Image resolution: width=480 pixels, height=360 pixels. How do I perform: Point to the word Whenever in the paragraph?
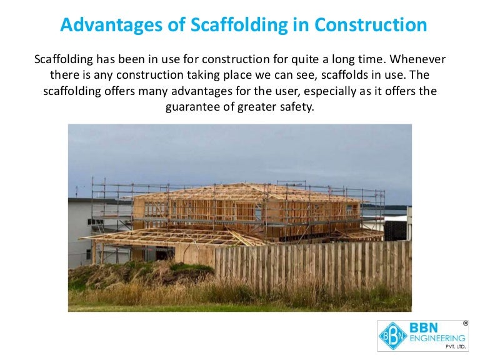click(x=419, y=60)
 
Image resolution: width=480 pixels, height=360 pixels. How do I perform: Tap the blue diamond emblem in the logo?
click(x=391, y=336)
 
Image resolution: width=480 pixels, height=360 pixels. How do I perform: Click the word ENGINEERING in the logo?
click(x=436, y=338)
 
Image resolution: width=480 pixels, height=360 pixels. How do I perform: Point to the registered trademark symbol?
click(x=465, y=323)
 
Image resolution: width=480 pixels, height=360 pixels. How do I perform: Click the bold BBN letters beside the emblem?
click(x=425, y=327)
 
